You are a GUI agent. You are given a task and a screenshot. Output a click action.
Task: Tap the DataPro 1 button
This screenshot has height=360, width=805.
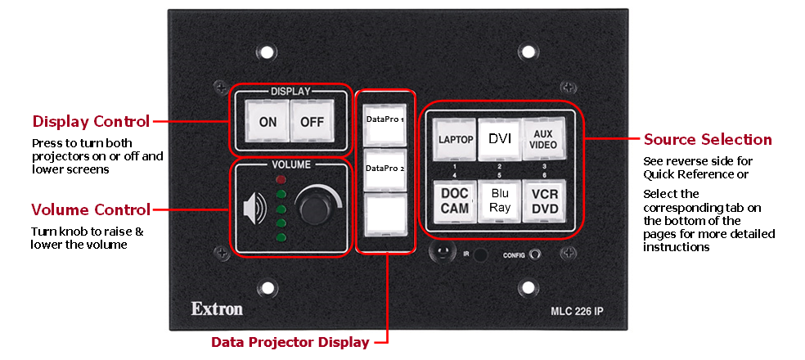pyautogui.click(x=385, y=120)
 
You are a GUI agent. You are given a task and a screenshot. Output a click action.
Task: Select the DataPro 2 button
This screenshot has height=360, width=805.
pyautogui.click(x=385, y=169)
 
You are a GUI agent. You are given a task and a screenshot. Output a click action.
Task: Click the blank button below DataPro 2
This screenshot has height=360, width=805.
pyautogui.click(x=385, y=218)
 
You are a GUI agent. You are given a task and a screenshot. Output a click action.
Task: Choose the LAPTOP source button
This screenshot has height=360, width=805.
pyautogui.click(x=455, y=139)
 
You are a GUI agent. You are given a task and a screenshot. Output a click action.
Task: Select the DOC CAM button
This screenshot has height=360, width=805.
pyautogui.click(x=455, y=200)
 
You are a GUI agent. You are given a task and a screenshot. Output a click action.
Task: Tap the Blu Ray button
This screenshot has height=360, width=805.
pyautogui.click(x=499, y=200)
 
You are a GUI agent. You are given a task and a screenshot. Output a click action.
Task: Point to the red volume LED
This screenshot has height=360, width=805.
pyautogui.click(x=281, y=178)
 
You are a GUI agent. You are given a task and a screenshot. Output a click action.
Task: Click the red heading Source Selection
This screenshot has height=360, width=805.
pyautogui.click(x=708, y=139)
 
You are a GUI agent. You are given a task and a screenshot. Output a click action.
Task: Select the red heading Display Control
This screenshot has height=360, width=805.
pyautogui.click(x=91, y=122)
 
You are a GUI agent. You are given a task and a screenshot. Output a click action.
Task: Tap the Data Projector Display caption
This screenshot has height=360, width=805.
pyautogui.click(x=290, y=342)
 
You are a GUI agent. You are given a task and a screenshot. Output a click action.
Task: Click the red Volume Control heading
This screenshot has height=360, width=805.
pyautogui.click(x=90, y=209)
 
